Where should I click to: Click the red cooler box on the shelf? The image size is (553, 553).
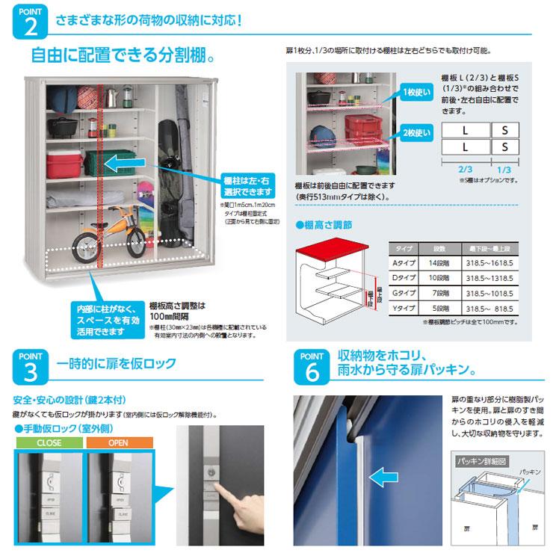coord(65,162)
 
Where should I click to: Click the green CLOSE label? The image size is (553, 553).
coord(50,442)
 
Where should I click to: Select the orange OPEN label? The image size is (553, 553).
coord(118,442)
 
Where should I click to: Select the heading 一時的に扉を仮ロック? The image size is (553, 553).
coord(116,364)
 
